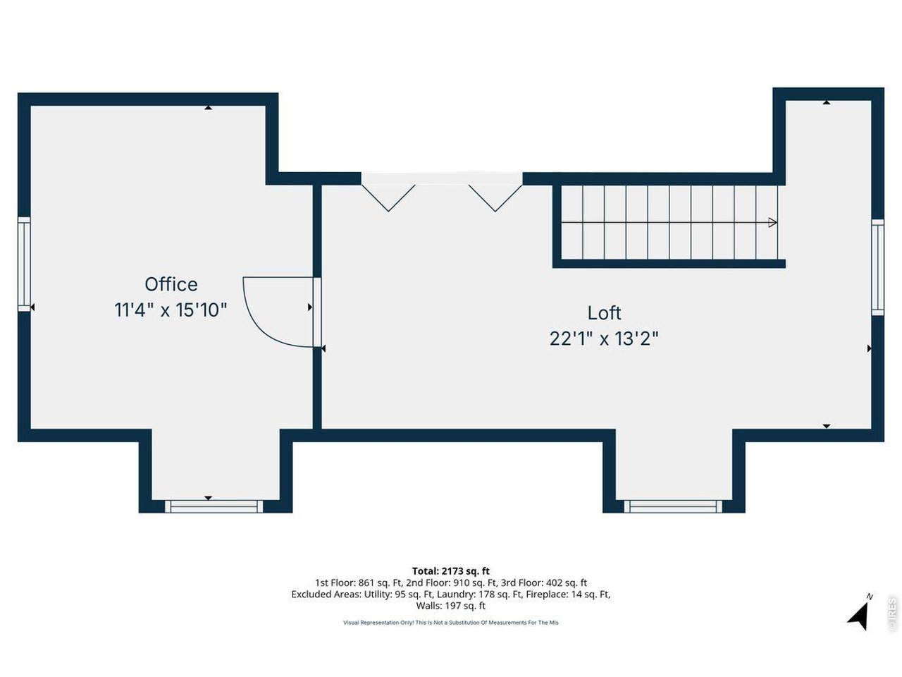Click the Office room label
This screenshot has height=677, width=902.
pos(171,284)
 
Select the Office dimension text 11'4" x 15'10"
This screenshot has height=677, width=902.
pos(171,310)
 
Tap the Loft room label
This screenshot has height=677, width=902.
pos(604,312)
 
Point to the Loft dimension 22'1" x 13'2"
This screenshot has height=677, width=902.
pos(604,338)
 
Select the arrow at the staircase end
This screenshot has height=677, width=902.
pos(772,223)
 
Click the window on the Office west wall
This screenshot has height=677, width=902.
pos(24,264)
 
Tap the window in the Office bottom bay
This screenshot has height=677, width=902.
pos(214,506)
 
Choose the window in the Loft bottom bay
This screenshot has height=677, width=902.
pos(673,506)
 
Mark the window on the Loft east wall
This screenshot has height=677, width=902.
pos(877,267)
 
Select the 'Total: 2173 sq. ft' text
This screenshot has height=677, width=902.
pos(451,571)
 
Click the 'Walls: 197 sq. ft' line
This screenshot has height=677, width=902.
pos(451,606)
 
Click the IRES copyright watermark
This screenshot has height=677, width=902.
pos(892,614)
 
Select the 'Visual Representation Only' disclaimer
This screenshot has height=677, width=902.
pos(451,623)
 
